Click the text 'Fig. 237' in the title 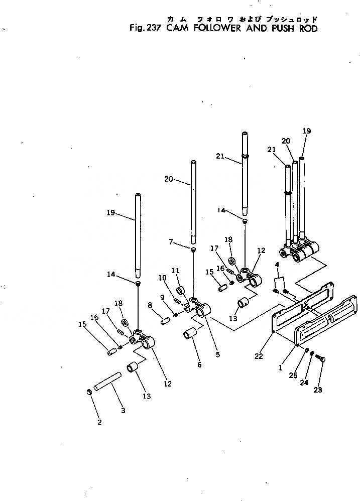pos(145,29)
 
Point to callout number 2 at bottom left pos(99,422)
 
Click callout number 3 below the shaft pos(123,410)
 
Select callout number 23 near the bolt pos(318,390)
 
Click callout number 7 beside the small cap pos(172,242)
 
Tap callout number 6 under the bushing pos(199,365)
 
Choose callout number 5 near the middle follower pos(217,354)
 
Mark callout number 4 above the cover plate pos(277,264)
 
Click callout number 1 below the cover pos(280,367)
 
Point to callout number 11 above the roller pos(175,271)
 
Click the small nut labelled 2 pos(89,392)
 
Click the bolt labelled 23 pos(321,357)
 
